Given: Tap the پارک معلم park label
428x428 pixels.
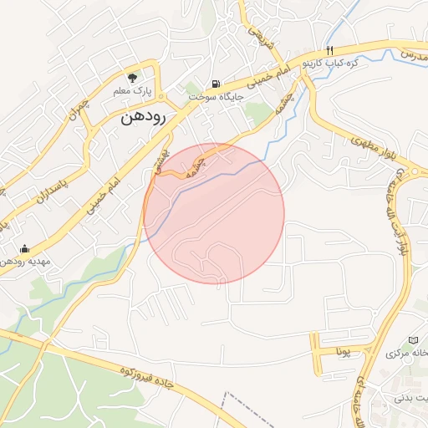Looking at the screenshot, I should (132, 89).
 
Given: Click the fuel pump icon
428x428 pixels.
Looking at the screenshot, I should (217, 84).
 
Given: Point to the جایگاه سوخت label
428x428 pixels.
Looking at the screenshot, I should (214, 98).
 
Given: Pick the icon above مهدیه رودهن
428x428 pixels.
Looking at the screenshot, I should (23, 248).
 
